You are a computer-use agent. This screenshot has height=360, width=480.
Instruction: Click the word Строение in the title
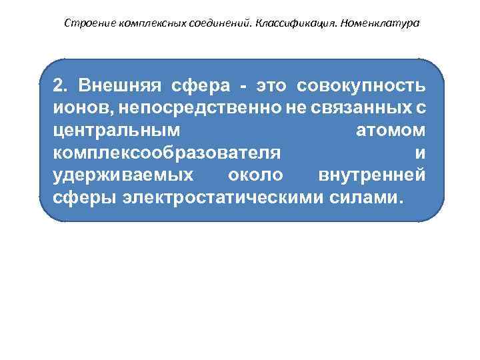(x=90, y=23)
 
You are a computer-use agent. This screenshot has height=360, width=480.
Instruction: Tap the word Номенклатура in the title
(x=380, y=23)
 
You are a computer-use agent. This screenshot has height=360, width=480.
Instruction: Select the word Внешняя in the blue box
(x=118, y=87)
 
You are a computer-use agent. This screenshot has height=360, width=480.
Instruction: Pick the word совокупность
(x=361, y=87)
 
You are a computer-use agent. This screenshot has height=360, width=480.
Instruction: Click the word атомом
(x=390, y=131)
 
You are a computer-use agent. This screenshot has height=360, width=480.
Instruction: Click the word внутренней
(x=372, y=176)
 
